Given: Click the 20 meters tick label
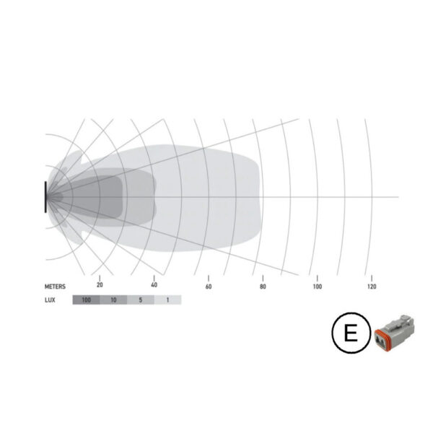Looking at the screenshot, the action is pos(100,285).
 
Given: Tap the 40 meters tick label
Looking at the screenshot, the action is pos(154,285).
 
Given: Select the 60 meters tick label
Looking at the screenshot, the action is pos(209,287).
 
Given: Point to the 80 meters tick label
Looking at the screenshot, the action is pos(263,287).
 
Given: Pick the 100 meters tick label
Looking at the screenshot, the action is pos(318,287).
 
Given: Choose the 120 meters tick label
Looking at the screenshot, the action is pos(372,287).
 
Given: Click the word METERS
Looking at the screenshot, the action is pos(56,287).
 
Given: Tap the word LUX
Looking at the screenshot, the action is pos(50,300).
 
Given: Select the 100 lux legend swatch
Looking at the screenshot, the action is pos(86,300).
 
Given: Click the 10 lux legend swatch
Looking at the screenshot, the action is pos(113,300).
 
